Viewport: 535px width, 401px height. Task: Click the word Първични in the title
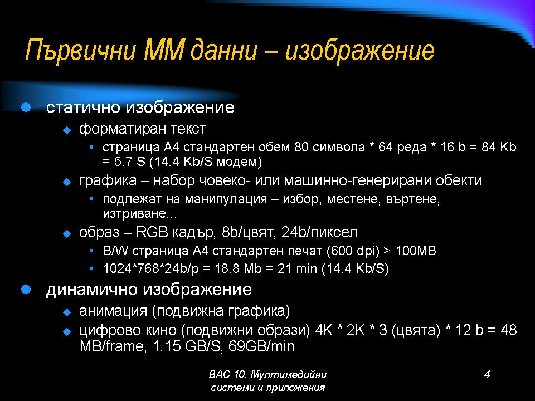pos(80,51)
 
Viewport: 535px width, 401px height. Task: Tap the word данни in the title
pos(224,51)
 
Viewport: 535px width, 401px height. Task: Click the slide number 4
pos(487,374)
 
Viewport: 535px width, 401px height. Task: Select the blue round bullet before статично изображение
pos(26,107)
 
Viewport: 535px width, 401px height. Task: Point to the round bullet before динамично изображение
pos(26,290)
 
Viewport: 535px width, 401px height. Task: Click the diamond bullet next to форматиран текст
pos(67,130)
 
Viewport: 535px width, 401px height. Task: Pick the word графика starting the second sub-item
pos(108,180)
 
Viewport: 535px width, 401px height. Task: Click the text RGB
pos(152,232)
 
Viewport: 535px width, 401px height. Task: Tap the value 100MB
pos(416,251)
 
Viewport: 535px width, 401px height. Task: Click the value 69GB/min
pos(261,346)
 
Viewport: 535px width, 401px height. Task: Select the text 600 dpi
pos(353,251)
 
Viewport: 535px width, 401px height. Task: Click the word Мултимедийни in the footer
pos(289,375)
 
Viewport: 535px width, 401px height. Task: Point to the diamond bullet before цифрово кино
pos(67,331)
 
